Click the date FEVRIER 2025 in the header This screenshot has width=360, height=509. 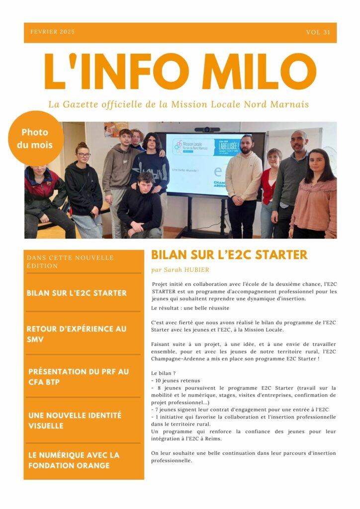pyautogui.click(x=53, y=32)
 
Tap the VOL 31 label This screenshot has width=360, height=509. pyautogui.click(x=318, y=32)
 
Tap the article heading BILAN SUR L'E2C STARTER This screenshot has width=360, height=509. pyautogui.click(x=229, y=255)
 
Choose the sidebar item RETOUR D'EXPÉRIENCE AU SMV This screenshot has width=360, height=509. pyautogui.click(x=77, y=334)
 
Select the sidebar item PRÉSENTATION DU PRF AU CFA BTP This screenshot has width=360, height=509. pyautogui.click(x=78, y=377)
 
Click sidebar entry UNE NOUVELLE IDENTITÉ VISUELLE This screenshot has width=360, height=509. pyautogui.click(x=75, y=421)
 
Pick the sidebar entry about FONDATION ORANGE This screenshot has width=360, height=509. pyautogui.click(x=74, y=460)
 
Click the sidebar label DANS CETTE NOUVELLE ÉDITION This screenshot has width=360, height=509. pyautogui.click(x=70, y=261)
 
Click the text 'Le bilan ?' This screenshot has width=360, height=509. pyautogui.click(x=164, y=372)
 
